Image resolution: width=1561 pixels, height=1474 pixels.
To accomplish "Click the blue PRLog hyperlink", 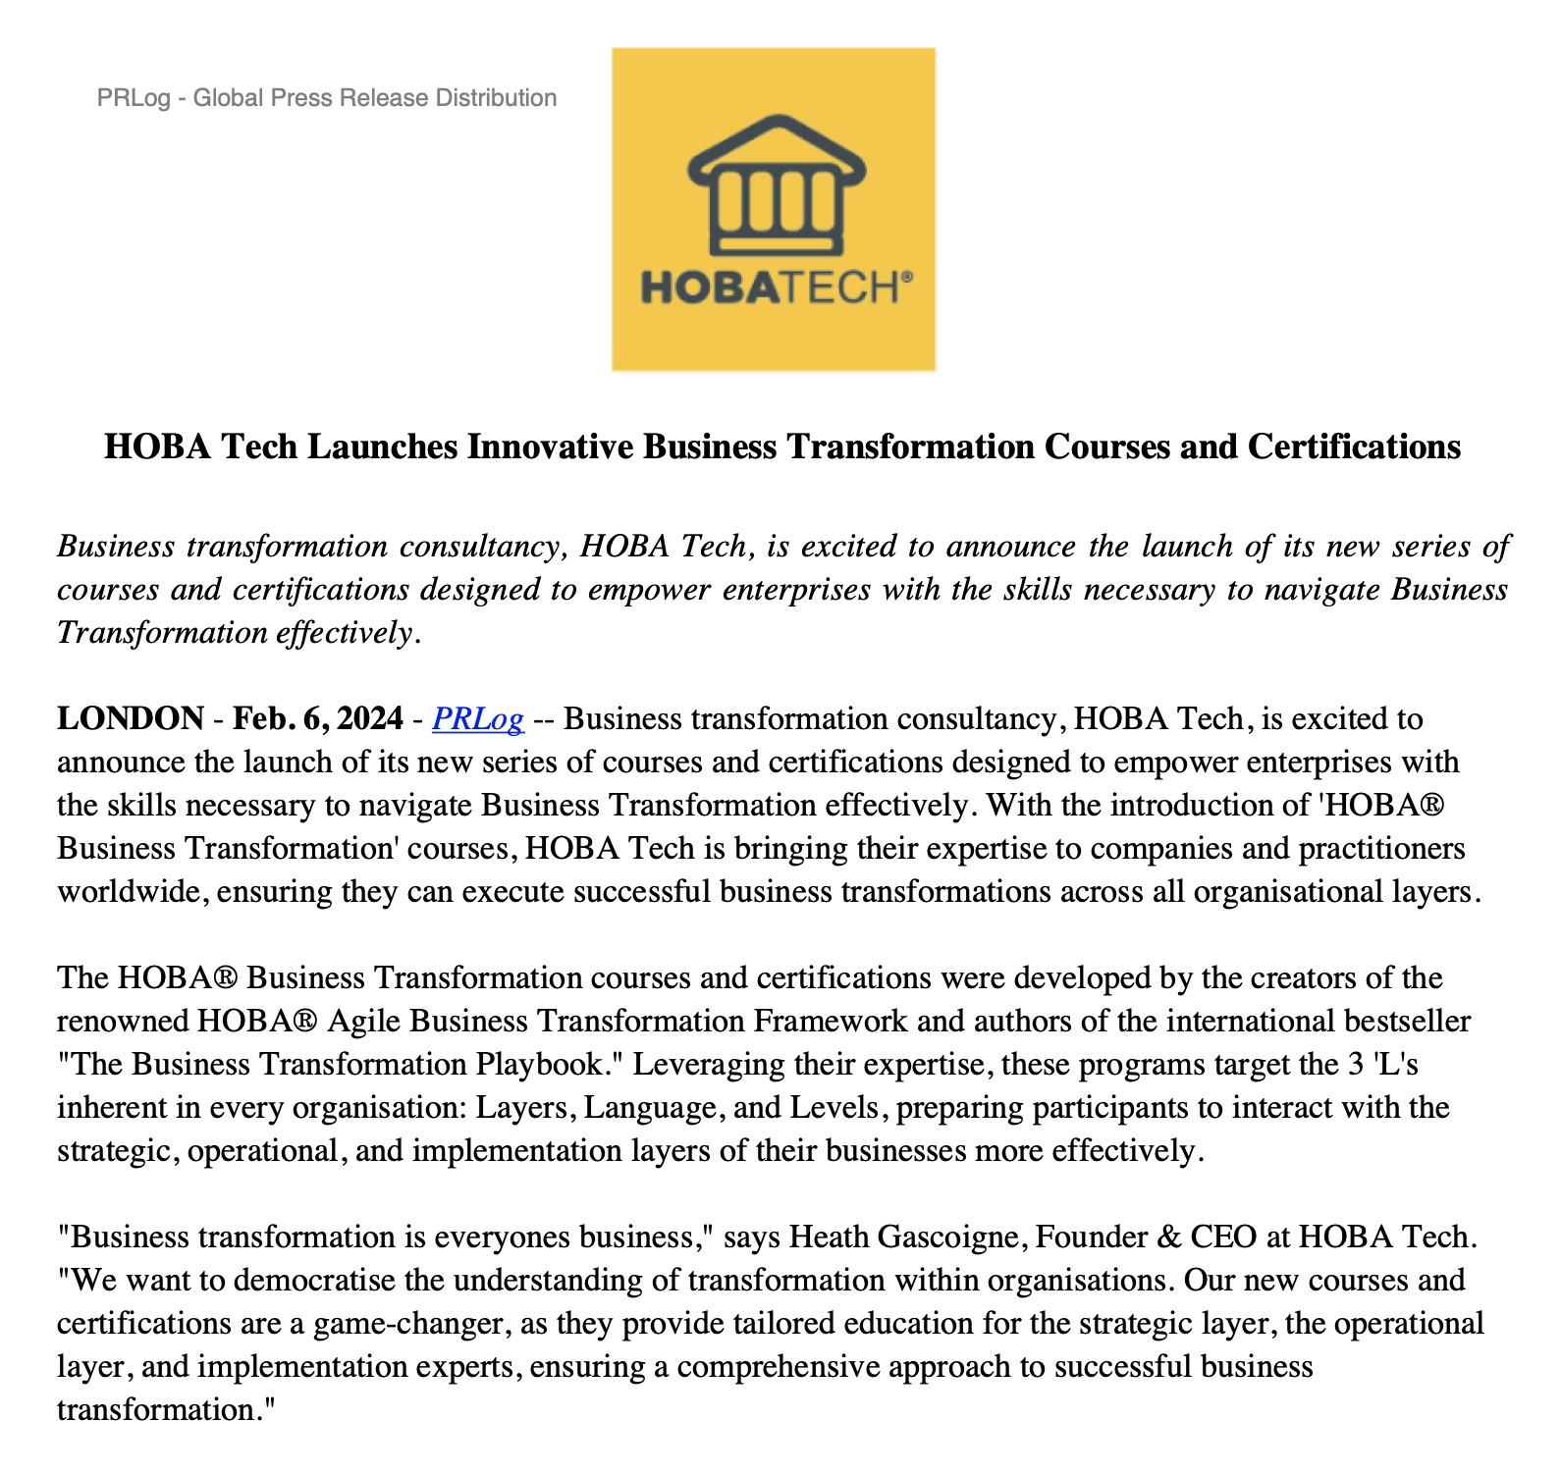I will pos(477,719).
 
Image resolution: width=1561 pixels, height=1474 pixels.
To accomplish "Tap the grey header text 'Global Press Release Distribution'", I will pos(375,98).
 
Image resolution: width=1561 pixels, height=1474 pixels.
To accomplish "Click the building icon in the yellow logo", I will pos(776,186).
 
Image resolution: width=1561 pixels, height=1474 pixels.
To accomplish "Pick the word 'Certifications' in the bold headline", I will pos(1354,447).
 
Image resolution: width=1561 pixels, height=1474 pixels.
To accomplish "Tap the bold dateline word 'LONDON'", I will pos(131,719).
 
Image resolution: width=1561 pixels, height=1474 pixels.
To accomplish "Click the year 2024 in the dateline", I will pos(369,719).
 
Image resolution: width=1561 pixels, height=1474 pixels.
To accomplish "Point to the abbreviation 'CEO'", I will pos(1223,1237).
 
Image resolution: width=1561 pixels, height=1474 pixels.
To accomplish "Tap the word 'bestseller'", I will pos(1407,1022).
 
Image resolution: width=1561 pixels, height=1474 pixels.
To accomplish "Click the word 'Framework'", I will pos(831,1022).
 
